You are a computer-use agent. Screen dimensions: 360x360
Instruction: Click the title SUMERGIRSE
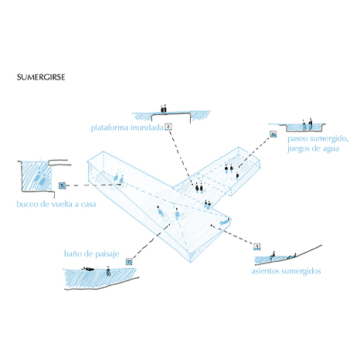pyautogui.click(x=41, y=77)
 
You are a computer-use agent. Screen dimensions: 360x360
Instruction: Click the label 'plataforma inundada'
pyautogui.click(x=127, y=127)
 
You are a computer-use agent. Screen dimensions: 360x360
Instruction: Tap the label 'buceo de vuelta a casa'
pyautogui.click(x=56, y=204)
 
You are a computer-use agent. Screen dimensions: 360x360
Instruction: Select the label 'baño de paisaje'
pyautogui.click(x=92, y=254)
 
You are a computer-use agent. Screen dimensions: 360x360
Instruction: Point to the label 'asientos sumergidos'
pyautogui.click(x=287, y=271)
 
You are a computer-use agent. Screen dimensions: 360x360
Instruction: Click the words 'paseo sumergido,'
pyautogui.click(x=318, y=139)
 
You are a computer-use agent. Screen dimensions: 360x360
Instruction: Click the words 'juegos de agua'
pyautogui.click(x=314, y=149)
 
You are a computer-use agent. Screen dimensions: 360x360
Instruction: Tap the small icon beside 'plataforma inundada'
pyautogui.click(x=168, y=127)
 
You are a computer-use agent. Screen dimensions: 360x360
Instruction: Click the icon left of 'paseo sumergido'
pyautogui.click(x=273, y=134)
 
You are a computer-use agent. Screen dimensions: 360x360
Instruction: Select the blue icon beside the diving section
pyautogui.click(x=62, y=185)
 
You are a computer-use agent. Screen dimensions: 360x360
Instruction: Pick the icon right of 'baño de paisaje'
pyautogui.click(x=129, y=262)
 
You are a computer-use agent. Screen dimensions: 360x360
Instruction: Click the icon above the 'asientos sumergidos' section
pyautogui.click(x=256, y=246)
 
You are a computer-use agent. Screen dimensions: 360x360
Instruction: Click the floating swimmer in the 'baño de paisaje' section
pyautogui.click(x=88, y=269)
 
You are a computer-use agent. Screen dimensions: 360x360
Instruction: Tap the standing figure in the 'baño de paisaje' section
pyautogui.click(x=108, y=271)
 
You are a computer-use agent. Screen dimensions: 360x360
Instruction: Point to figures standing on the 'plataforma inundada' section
pyautogui.click(x=164, y=109)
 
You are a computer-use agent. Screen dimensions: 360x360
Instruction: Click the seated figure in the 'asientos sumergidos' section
pyautogui.click(x=273, y=255)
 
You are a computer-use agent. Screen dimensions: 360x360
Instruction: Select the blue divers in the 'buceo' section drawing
pyautogui.click(x=41, y=178)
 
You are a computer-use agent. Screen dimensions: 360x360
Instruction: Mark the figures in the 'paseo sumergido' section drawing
pyautogui.click(x=307, y=124)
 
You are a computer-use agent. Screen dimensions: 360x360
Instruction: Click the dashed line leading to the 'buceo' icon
pyautogui.click(x=93, y=185)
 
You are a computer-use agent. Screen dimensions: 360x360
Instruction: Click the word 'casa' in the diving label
pyautogui.click(x=88, y=205)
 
